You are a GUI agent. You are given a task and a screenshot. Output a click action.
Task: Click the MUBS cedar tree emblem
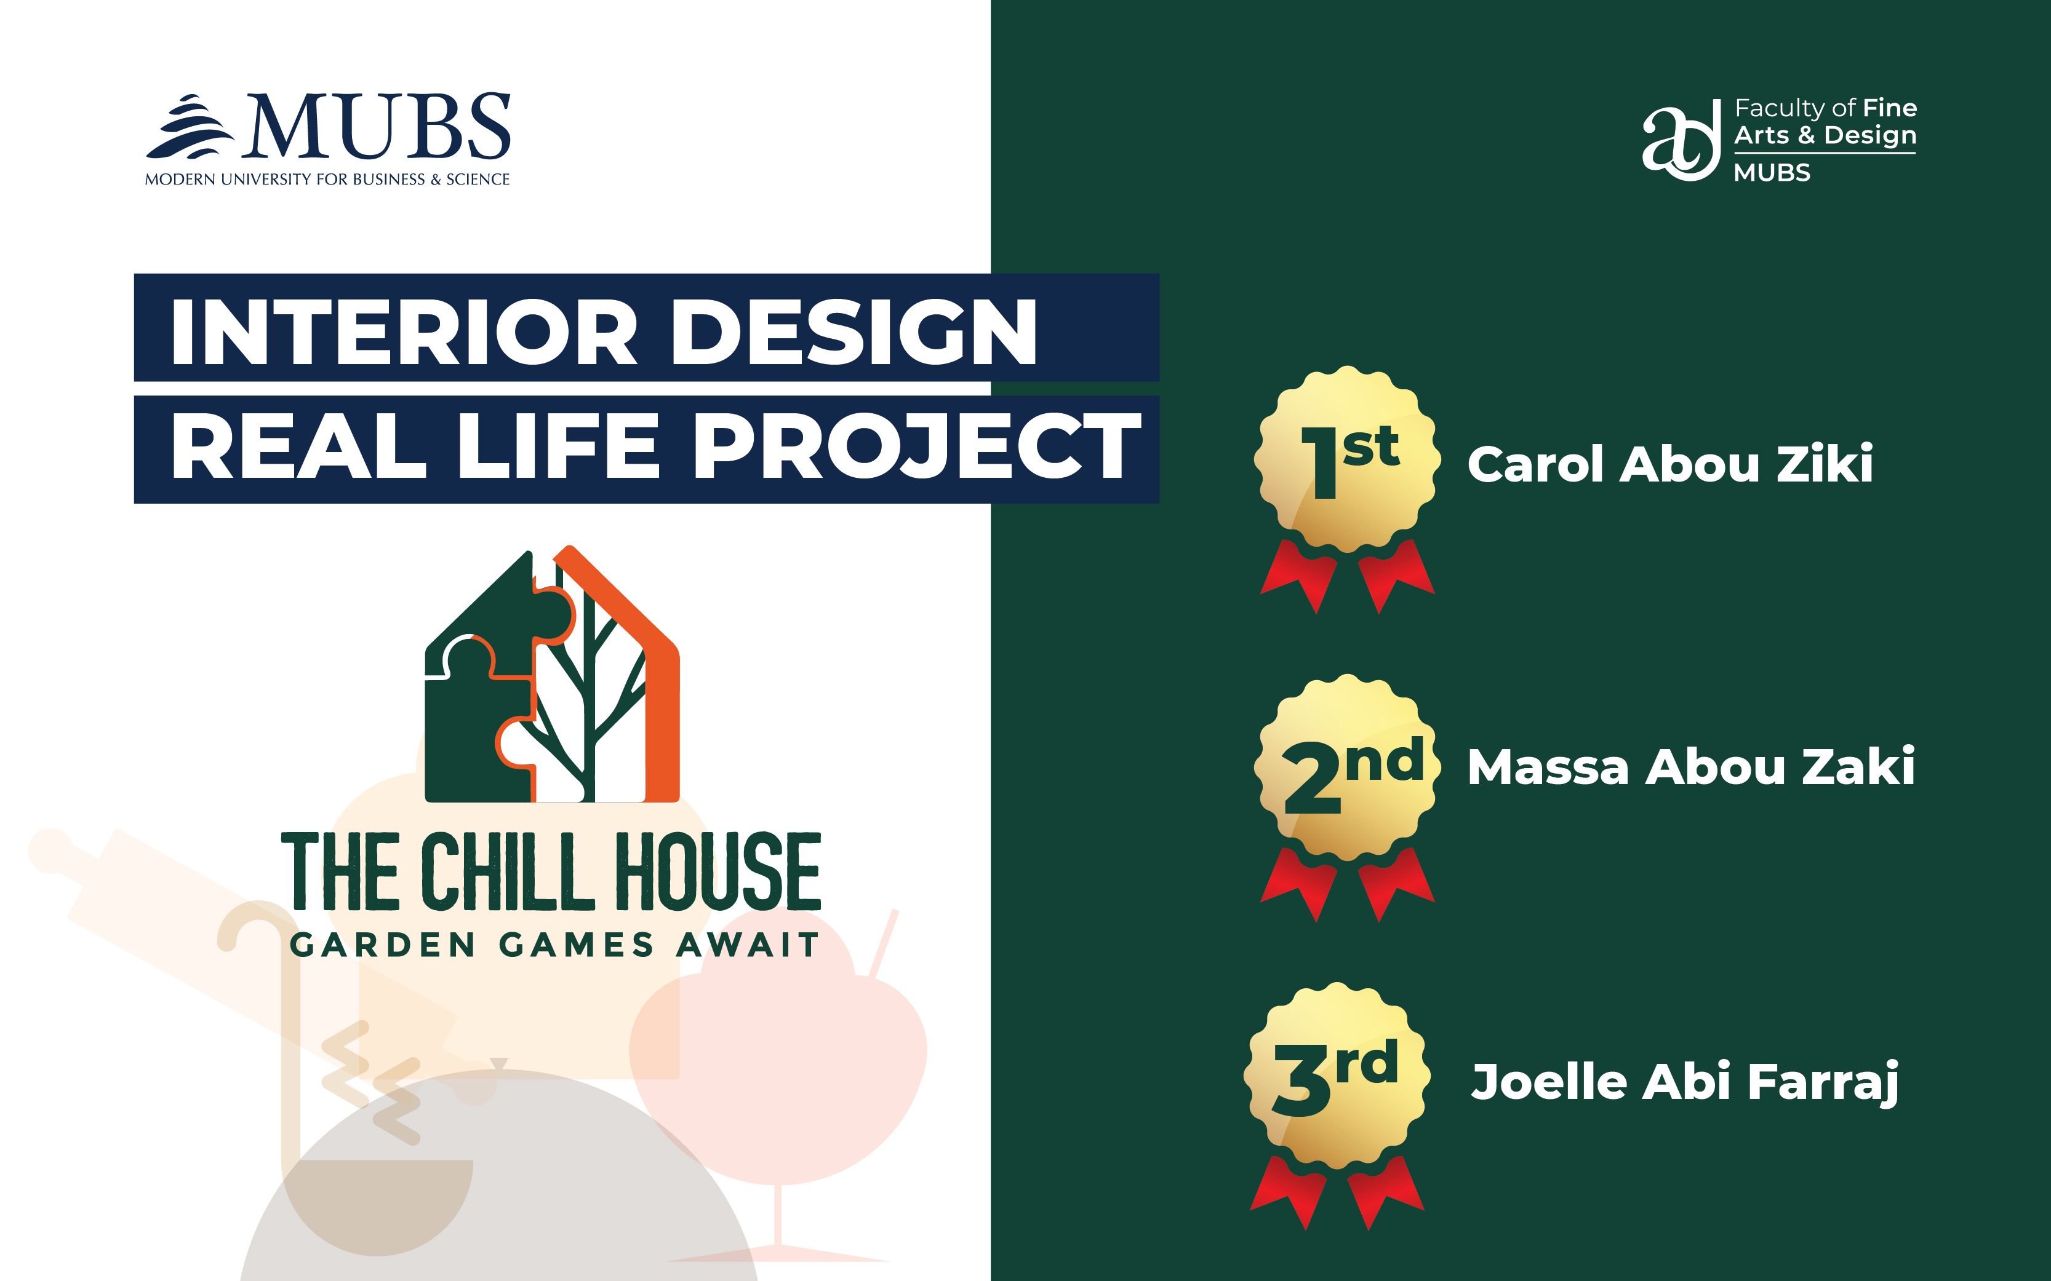(190, 127)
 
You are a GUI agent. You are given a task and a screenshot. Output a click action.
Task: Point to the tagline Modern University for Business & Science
(327, 180)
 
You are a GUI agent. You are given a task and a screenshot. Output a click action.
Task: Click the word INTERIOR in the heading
(404, 331)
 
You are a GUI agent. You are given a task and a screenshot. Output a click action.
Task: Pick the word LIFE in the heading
(558, 446)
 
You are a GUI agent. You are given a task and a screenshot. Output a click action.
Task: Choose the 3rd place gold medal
(1337, 1106)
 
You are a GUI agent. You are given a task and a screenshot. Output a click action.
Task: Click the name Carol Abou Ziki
(1669, 464)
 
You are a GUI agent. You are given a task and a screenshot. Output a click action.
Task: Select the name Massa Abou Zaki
(1691, 767)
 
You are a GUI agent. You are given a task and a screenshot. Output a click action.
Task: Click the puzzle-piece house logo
(552, 673)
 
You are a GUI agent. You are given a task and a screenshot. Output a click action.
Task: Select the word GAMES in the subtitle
(577, 945)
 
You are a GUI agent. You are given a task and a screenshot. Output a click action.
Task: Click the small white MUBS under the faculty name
(1771, 173)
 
